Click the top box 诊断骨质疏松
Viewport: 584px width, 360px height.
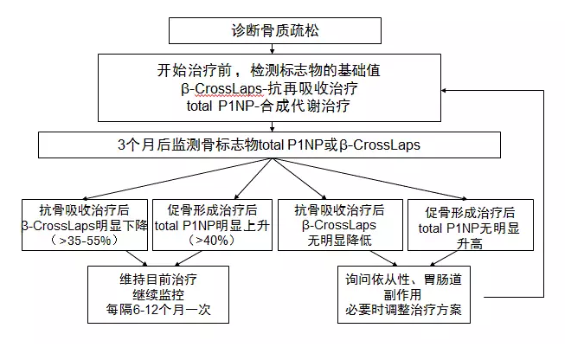(275, 30)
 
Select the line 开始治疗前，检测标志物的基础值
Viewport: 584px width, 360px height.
(268, 70)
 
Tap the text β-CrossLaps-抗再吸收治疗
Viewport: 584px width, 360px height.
(269, 88)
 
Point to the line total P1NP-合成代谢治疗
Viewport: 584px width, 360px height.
(268, 106)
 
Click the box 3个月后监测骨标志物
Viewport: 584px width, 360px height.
(269, 145)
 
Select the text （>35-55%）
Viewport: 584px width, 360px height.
(85, 241)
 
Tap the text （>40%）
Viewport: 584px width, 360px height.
(212, 241)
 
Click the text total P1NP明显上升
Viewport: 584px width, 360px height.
(212, 226)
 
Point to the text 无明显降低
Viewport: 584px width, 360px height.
(339, 241)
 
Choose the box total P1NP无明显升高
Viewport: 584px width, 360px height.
(471, 225)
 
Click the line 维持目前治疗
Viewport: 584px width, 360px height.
(158, 280)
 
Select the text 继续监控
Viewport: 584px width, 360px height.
(158, 295)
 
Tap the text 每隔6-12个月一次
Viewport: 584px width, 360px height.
(158, 310)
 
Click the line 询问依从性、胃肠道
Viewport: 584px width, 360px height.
(404, 280)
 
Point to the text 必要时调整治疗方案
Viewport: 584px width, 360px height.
(404, 310)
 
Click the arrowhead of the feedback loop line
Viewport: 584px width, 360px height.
(444, 90)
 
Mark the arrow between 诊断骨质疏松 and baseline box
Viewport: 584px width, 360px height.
(273, 48)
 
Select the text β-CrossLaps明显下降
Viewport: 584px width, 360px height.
(85, 226)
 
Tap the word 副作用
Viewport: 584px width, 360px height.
(403, 295)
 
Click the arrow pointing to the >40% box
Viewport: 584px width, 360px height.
(253, 179)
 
